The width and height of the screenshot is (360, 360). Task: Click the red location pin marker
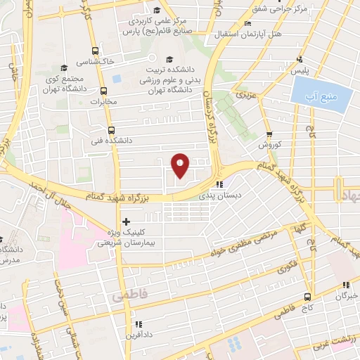(181, 165)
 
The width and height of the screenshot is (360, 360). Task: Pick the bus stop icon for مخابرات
(104, 90)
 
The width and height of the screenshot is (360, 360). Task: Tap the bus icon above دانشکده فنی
(111, 129)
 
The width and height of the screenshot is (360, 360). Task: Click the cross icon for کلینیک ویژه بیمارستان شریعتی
(127, 221)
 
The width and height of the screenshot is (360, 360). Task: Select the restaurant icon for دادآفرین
(137, 324)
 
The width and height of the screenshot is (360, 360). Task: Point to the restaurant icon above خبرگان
(345, 285)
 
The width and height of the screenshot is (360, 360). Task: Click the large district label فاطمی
(127, 297)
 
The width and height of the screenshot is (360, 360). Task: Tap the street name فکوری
(287, 267)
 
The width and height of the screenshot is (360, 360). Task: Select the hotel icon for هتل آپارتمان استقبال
(246, 24)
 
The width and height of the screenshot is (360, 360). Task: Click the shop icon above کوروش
(269, 135)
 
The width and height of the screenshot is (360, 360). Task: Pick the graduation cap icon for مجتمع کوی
(64, 67)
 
